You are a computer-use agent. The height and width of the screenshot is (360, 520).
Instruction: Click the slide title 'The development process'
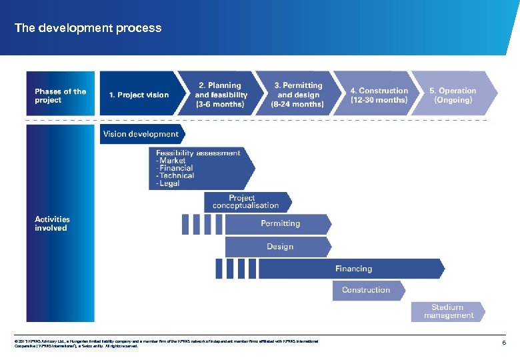tap(88, 28)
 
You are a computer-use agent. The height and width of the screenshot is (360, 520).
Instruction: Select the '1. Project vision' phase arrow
tap(139, 95)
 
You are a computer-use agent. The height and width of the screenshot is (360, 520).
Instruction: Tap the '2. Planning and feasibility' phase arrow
tap(221, 95)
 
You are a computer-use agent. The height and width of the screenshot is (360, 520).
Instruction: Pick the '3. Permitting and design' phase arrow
tap(297, 95)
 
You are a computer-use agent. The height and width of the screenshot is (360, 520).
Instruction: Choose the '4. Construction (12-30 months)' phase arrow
tap(379, 95)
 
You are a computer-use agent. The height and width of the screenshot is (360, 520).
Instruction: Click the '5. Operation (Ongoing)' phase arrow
tap(453, 95)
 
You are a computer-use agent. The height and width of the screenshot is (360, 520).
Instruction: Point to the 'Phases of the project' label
tap(60, 95)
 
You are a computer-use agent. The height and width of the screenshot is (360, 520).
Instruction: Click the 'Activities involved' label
tap(52, 223)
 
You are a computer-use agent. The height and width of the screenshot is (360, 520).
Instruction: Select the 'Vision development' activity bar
tap(141, 134)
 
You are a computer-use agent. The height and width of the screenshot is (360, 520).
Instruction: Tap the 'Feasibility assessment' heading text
tap(198, 153)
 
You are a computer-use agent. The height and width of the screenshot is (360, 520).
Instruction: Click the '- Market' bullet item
tap(171, 161)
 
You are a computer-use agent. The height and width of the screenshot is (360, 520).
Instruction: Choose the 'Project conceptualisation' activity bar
tap(245, 202)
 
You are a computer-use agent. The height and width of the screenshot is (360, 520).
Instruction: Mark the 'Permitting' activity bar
tap(280, 224)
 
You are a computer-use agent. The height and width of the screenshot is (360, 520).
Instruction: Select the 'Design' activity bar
tap(280, 247)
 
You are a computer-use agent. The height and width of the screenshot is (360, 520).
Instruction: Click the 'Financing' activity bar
tap(353, 269)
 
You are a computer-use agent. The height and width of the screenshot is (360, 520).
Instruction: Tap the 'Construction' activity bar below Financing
tap(366, 290)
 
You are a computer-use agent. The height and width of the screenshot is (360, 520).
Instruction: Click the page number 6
tap(504, 343)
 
